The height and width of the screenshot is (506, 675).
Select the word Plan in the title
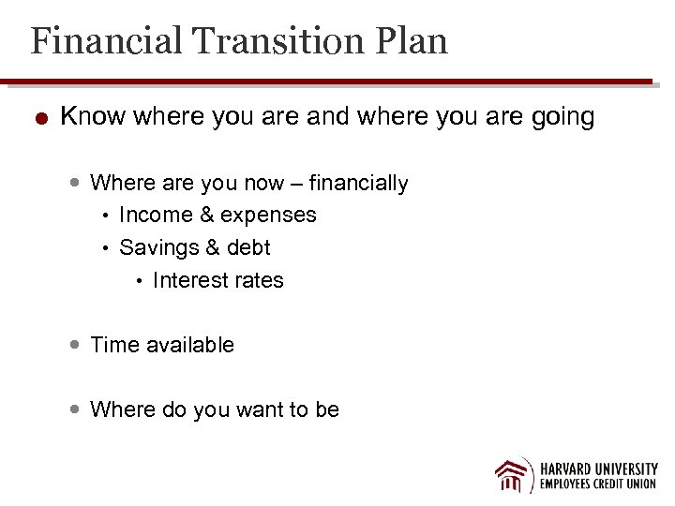click(412, 42)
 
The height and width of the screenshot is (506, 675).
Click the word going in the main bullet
click(562, 118)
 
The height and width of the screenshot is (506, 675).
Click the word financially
click(359, 184)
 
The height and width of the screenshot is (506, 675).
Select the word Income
click(157, 216)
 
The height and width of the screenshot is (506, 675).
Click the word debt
click(247, 248)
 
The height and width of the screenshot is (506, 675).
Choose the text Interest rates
click(217, 281)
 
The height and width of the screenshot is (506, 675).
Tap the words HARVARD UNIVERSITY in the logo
click(598, 468)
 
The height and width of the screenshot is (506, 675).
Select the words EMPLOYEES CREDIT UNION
click(598, 484)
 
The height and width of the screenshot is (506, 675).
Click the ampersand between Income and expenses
click(207, 216)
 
